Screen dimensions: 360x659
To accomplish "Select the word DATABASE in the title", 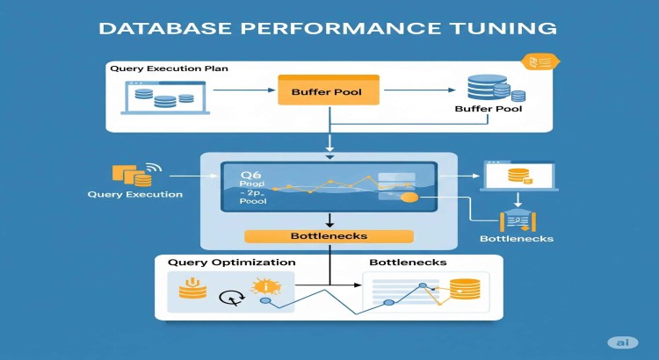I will pyautogui.click(x=164, y=28).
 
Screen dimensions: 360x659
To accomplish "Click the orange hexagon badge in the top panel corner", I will pyautogui.click(x=533, y=61).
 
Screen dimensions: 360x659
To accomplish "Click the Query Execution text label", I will pyautogui.click(x=135, y=194).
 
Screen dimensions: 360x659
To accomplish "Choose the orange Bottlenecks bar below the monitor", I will pyautogui.click(x=329, y=236).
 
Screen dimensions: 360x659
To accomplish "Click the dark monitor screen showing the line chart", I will pyautogui.click(x=329, y=187).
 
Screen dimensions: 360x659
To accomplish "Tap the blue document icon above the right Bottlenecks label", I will pyautogui.click(x=516, y=220).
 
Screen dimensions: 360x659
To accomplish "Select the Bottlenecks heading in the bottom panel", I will pyautogui.click(x=407, y=263).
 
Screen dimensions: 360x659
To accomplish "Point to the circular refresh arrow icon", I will pyautogui.click(x=230, y=297).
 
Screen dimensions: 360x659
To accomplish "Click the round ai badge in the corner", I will pyautogui.click(x=622, y=342).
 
